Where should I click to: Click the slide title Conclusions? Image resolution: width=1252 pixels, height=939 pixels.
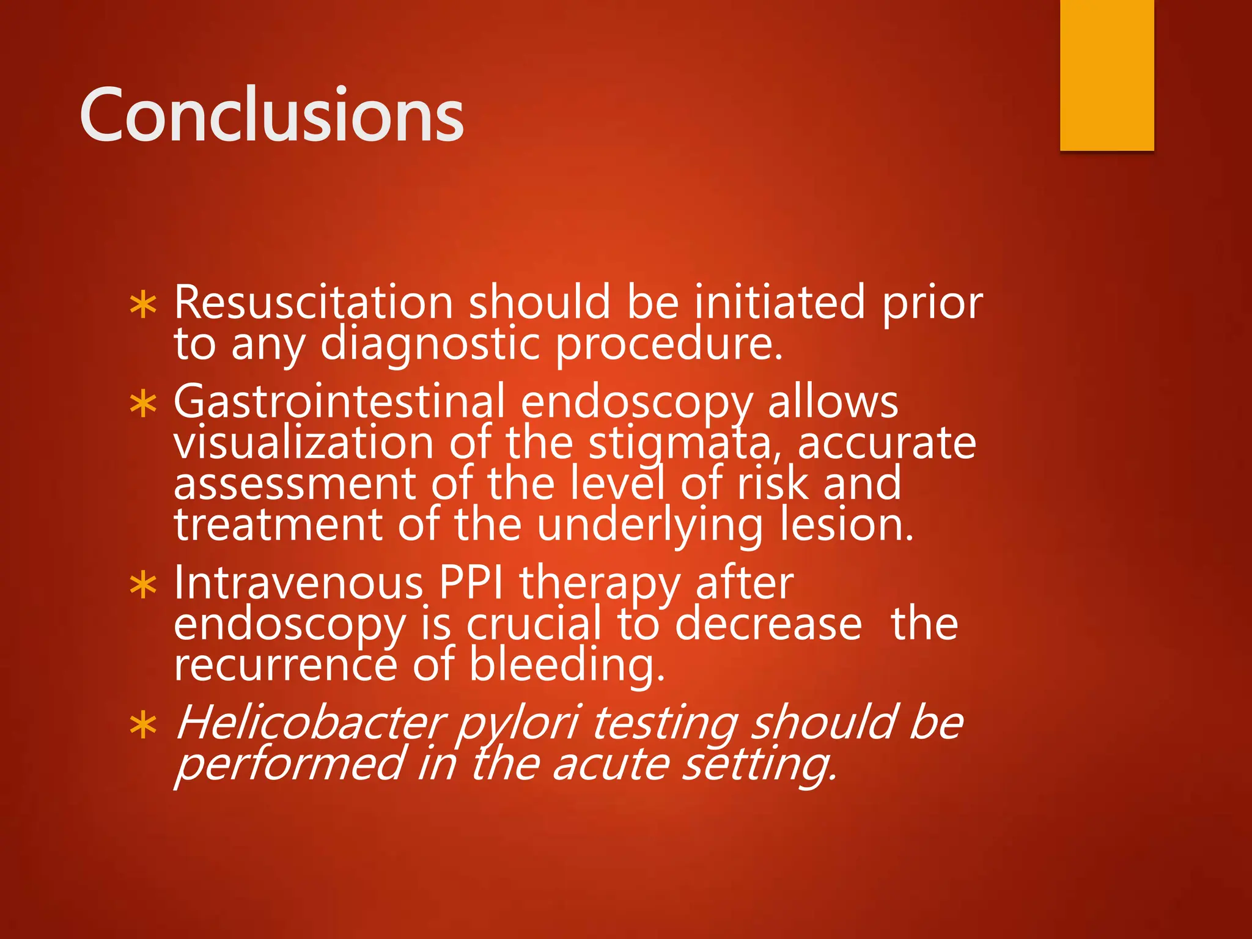[x=271, y=115]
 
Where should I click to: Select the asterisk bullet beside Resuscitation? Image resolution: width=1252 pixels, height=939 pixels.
[x=144, y=305]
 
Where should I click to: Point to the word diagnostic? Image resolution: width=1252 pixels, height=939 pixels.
[x=430, y=345]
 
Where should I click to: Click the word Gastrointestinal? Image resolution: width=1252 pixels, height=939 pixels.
[x=339, y=402]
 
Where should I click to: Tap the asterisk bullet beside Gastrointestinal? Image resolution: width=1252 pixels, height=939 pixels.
[x=144, y=404]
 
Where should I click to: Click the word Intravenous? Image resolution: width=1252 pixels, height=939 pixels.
[x=299, y=583]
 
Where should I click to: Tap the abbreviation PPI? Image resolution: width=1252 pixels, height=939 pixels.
[x=471, y=583]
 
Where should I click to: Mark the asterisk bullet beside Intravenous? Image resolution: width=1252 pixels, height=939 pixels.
[x=144, y=585]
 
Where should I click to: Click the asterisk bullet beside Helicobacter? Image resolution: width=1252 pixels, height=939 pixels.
[x=144, y=726]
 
